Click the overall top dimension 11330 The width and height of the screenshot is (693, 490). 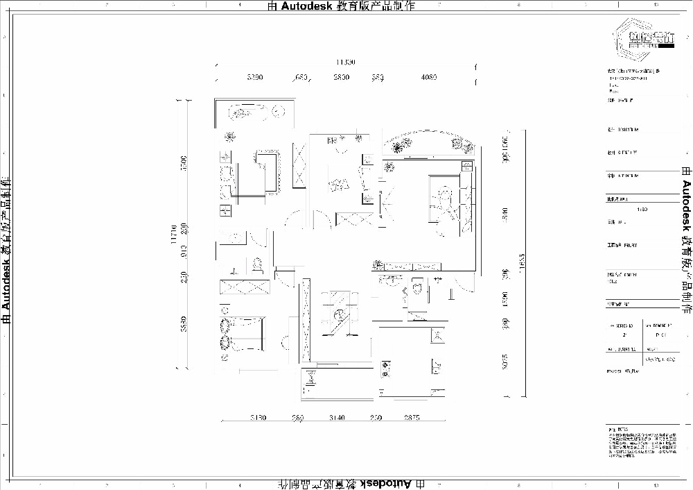(x=345, y=62)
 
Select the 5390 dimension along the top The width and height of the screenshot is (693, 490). (x=254, y=78)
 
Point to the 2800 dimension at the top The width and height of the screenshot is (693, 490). (x=340, y=78)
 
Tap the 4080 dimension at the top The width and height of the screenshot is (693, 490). (x=428, y=78)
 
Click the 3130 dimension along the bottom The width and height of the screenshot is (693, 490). (x=258, y=418)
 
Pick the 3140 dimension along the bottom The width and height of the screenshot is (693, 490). (x=337, y=418)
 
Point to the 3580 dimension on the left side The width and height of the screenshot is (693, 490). (x=184, y=323)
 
